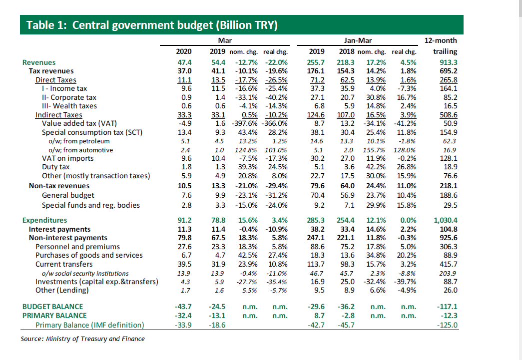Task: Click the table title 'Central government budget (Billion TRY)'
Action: [175, 25]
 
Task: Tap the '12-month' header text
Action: [440, 40]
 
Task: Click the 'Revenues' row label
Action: [39, 62]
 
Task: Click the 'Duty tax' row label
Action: [55, 167]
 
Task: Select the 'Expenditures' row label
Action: [44, 220]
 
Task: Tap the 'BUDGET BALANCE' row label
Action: [52, 306]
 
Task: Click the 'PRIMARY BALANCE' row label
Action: [54, 316]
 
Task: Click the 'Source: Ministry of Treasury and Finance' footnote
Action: [82, 339]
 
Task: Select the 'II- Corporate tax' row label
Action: [69, 97]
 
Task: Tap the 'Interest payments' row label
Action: [59, 229]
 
